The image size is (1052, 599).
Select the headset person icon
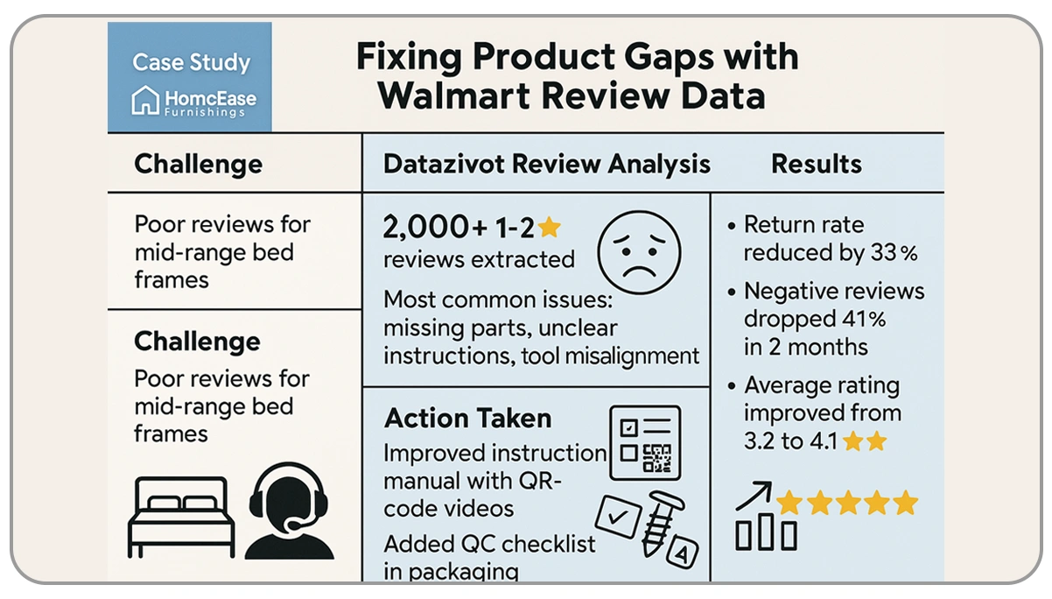point(289,511)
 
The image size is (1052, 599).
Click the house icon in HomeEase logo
point(145,101)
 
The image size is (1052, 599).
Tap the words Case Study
point(191,63)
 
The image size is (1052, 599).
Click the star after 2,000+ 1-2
point(549,228)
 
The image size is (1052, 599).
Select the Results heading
point(817,164)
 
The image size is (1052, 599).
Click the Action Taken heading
point(467,418)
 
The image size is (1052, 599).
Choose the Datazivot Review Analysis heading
point(547,164)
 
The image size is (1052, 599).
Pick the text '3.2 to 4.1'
point(792,440)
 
